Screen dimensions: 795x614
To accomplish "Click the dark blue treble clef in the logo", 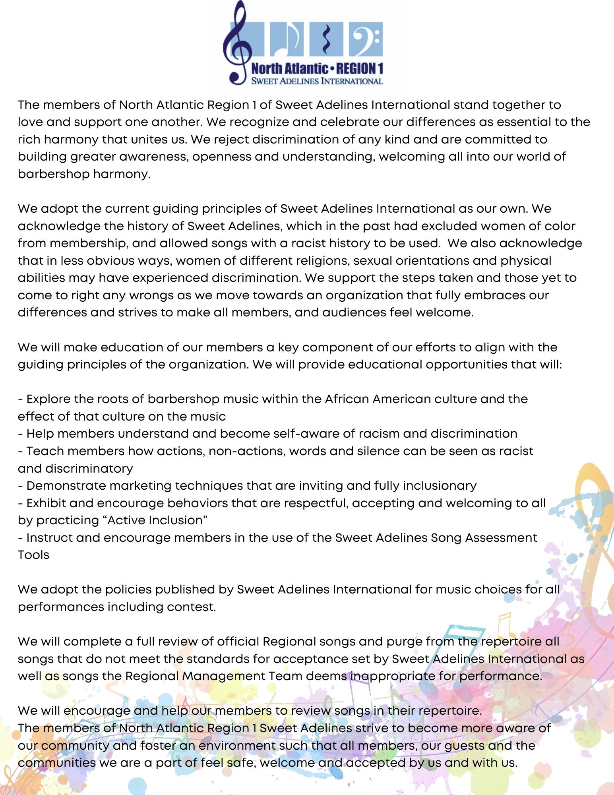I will click(237, 44).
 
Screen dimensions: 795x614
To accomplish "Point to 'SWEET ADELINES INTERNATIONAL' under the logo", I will click(317, 81).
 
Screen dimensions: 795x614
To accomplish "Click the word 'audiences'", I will click(354, 312).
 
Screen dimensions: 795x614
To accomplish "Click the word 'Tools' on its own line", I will click(33, 555).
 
